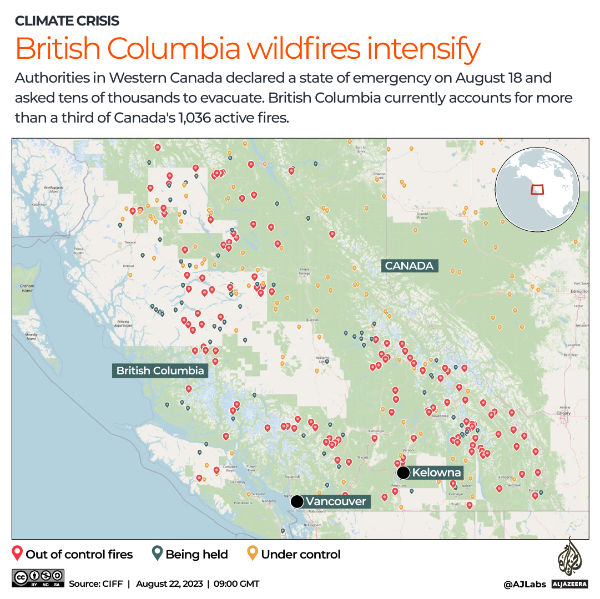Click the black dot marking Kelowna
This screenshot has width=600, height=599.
pos(404,473)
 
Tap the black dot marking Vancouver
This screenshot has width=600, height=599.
pos(297,502)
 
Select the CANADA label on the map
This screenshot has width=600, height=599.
pos(409,266)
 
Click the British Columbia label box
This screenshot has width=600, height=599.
pos(160,370)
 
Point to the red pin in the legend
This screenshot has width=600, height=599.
pos(17,554)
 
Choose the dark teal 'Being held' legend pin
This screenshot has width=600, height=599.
pos(157,554)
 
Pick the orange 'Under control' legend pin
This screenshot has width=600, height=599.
pos(253,554)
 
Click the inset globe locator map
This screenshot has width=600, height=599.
pos(537,190)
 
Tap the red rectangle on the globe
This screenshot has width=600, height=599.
pos(537,190)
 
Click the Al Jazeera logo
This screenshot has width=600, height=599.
pos(568,563)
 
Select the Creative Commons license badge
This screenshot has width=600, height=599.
pos(37,578)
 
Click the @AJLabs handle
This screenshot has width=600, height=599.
pos(524,584)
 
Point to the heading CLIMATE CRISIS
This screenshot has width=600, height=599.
pos(67,21)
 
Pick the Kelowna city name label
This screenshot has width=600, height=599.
pos(436,473)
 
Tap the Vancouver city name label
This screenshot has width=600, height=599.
pos(336,502)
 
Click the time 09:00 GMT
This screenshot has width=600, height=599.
pos(236,583)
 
